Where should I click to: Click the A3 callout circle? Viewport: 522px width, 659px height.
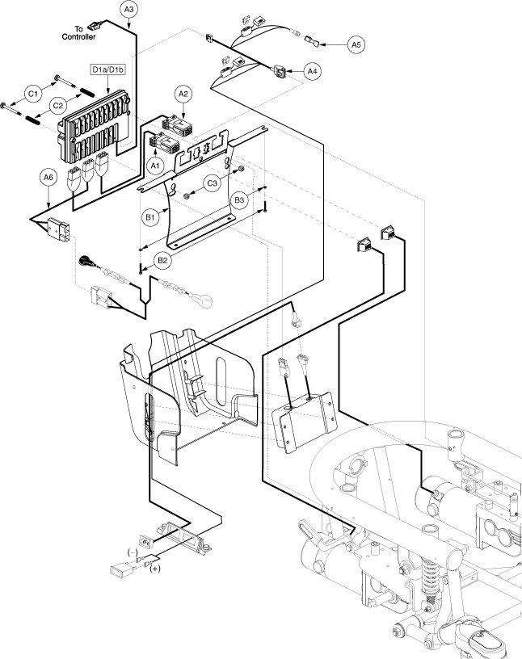pyautogui.click(x=129, y=10)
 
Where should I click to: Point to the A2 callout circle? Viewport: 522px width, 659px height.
pyautogui.click(x=183, y=94)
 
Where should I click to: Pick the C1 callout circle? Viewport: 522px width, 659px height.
pyautogui.click(x=33, y=94)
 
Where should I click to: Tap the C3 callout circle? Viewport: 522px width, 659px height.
pyautogui.click(x=213, y=183)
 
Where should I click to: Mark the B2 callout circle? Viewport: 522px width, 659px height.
pyautogui.click(x=163, y=260)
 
